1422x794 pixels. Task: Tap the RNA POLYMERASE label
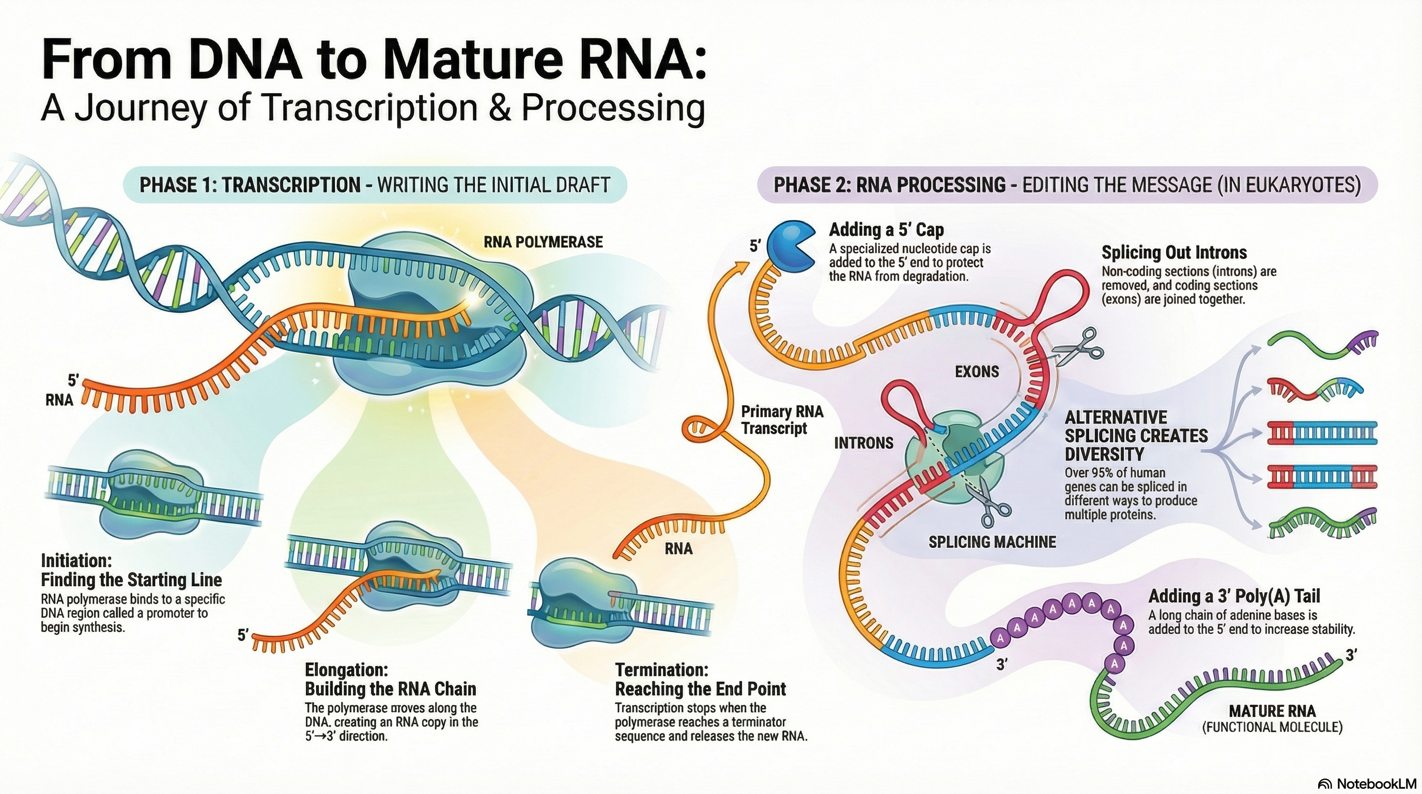(x=543, y=242)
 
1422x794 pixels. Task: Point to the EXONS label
(x=977, y=372)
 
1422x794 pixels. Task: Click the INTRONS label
(x=863, y=443)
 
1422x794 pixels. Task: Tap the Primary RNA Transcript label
(x=782, y=420)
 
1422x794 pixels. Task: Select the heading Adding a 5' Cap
(x=887, y=229)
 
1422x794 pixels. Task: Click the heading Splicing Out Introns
(x=1174, y=252)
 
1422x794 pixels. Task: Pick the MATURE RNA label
(x=1272, y=711)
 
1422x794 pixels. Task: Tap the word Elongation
(x=347, y=670)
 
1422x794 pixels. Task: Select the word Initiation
(x=76, y=560)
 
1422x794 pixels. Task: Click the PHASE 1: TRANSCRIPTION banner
(x=375, y=185)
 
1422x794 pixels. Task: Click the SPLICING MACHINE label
(x=992, y=542)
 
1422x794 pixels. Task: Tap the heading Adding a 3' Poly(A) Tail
(x=1234, y=597)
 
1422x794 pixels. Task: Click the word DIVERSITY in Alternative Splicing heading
(x=1104, y=454)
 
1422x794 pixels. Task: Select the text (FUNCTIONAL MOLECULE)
(x=1272, y=727)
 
